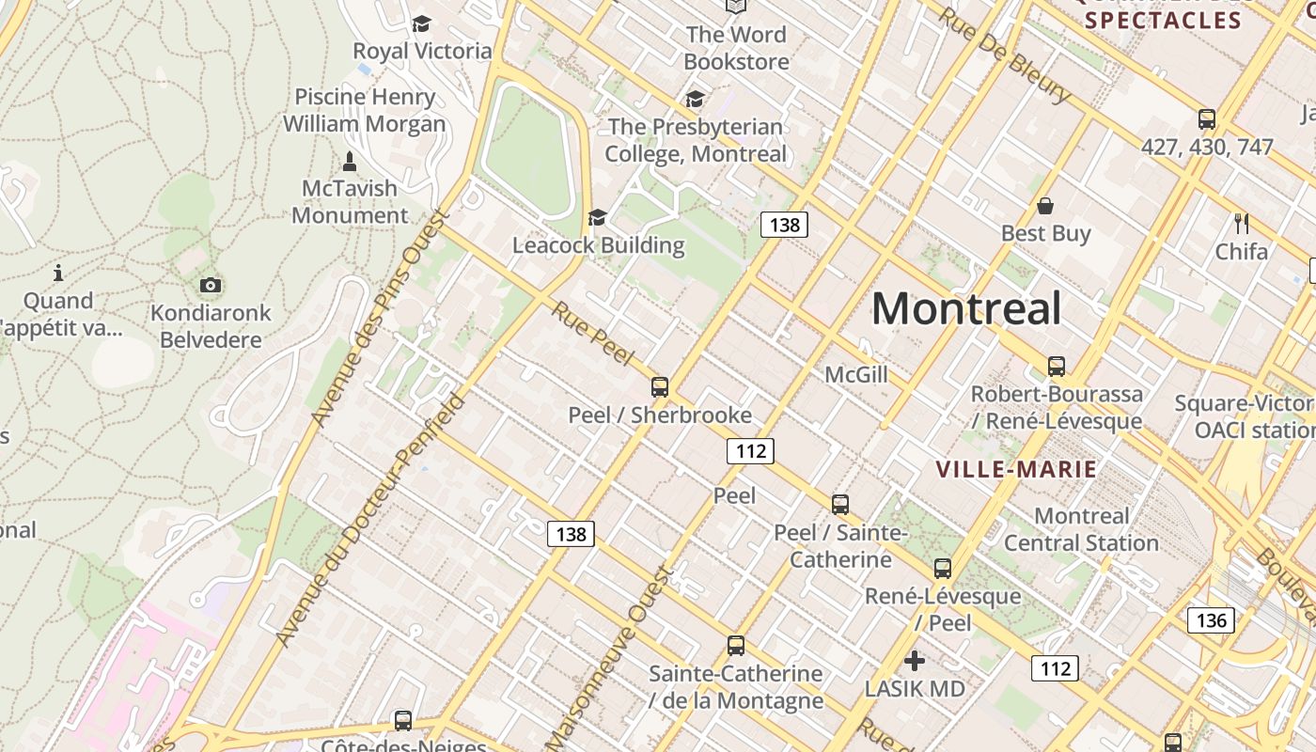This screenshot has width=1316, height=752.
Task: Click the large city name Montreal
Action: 966,308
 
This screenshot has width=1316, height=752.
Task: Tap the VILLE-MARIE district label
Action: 1016,469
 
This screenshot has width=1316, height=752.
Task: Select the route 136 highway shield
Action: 1211,620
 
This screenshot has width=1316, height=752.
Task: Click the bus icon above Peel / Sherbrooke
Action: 660,386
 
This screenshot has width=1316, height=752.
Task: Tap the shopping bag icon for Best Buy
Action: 1045,206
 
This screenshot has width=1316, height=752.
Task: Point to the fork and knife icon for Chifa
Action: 1242,223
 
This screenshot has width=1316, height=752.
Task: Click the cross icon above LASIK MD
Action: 914,661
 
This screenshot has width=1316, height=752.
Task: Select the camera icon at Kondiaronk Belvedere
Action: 211,285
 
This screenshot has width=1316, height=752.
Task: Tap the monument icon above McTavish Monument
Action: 350,161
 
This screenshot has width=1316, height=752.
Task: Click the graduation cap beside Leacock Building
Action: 597,218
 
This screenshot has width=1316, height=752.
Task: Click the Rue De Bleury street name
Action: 1004,55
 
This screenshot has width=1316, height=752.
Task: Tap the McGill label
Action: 855,375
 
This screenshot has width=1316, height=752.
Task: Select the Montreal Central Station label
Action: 1081,529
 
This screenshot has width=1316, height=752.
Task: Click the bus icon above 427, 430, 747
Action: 1207,119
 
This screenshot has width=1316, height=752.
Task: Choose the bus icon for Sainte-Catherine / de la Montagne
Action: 736,646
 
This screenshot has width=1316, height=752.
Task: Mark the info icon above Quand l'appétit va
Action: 58,273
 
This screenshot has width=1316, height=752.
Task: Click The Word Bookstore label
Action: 736,48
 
